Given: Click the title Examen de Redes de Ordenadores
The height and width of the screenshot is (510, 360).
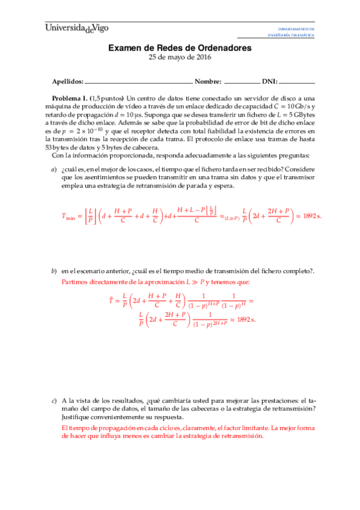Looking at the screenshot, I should (180, 48).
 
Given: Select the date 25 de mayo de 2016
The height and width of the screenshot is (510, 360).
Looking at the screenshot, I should (180, 58).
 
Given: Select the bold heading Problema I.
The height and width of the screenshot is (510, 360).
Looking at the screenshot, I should (70, 97).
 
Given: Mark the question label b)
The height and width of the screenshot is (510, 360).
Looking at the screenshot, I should (53, 271).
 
